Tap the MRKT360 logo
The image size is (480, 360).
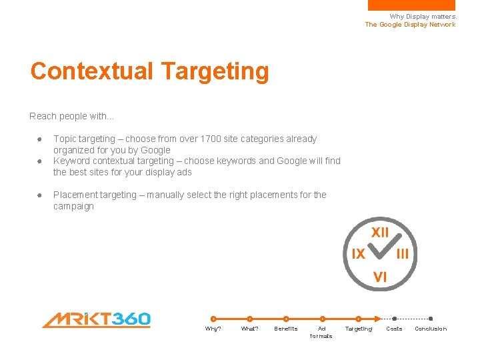[97, 320]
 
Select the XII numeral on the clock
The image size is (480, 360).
[380, 233]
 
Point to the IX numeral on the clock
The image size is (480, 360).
[358, 254]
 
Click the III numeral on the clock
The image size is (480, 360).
[403, 254]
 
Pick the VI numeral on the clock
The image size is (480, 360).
[380, 277]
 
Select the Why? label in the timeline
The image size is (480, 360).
[213, 329]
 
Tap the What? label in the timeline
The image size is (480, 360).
[249, 329]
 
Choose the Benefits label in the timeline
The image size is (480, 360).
[286, 329]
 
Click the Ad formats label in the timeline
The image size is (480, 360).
[321, 332]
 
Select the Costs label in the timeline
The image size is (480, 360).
[395, 329]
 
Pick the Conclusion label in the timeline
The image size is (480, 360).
[431, 329]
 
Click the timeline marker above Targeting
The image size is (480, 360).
[359, 319]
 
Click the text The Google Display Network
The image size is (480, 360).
[410, 25]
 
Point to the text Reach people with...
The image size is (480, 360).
[71, 116]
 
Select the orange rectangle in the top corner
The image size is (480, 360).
[411, 5]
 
